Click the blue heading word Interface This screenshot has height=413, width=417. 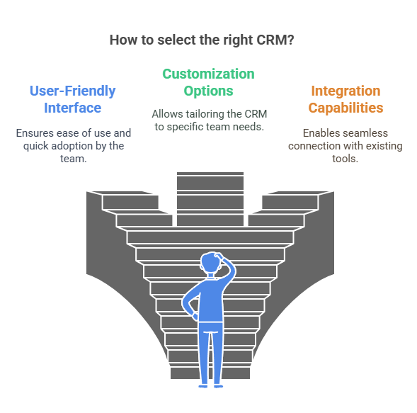[x=73, y=108]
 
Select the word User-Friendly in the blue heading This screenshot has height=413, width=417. [x=73, y=91]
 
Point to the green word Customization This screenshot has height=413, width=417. [x=208, y=74]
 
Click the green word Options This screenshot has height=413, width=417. [x=208, y=91]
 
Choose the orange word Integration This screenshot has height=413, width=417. [x=345, y=91]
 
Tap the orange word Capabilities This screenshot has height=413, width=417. [x=345, y=108]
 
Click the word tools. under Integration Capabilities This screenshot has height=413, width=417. [x=345, y=159]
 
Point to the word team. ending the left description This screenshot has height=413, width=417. [x=74, y=159]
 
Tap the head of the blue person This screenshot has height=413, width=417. [x=210, y=262]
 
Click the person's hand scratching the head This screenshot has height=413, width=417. [x=219, y=256]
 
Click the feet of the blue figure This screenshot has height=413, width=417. [x=211, y=386]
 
